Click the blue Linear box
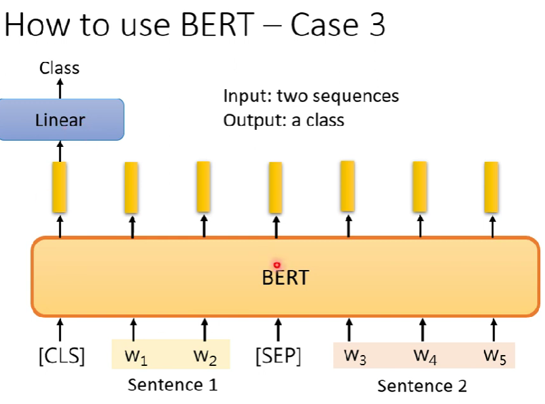(x=62, y=120)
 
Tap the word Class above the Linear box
(x=59, y=68)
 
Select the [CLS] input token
(x=62, y=356)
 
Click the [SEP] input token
(x=278, y=356)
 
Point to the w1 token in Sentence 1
(x=136, y=356)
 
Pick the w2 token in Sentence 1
(x=205, y=356)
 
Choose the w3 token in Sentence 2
(x=355, y=356)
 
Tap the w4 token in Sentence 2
(x=425, y=356)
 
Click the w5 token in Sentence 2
(x=495, y=356)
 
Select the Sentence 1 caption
(x=173, y=385)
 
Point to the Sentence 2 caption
(x=422, y=386)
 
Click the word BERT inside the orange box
(x=285, y=277)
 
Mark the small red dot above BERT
(x=277, y=265)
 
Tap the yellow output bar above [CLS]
(x=59, y=187)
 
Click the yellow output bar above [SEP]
(x=276, y=188)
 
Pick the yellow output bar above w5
(x=491, y=187)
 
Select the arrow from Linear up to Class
(x=60, y=88)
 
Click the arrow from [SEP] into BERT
(x=278, y=330)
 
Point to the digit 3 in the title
(x=377, y=24)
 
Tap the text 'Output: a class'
(x=283, y=120)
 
